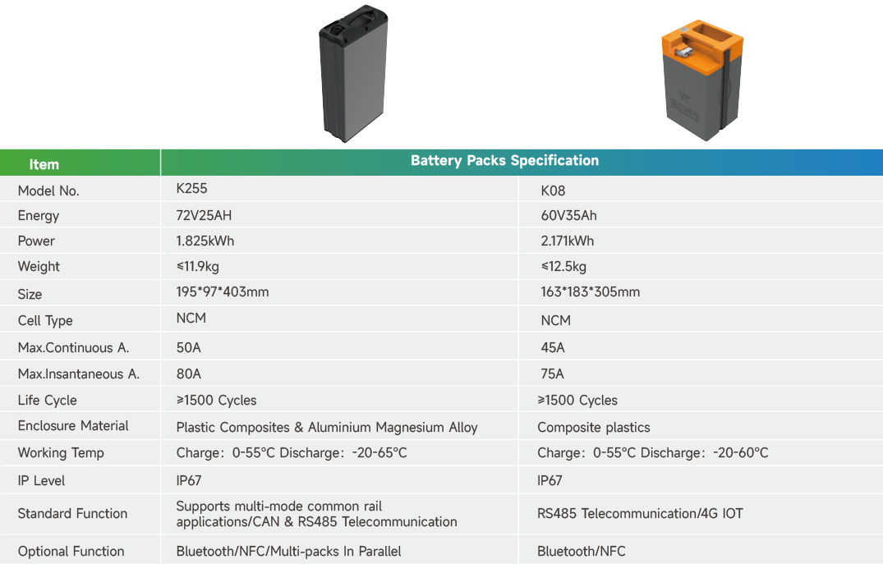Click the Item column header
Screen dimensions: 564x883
[44, 164]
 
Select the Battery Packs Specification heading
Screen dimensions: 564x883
[504, 161]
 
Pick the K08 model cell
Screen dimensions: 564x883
[553, 191]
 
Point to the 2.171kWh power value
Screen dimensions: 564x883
[567, 241]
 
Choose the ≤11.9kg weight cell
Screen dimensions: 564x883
[197, 267]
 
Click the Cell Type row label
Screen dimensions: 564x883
[45, 320]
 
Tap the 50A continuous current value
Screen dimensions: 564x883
[189, 347]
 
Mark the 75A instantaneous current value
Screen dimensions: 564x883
[553, 374]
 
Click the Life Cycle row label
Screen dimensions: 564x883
[48, 401]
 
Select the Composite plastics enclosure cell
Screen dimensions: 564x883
[593, 428]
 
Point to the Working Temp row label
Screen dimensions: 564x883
[61, 453]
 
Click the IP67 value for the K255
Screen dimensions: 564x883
[189, 481]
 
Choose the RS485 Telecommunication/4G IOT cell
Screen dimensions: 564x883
[640, 514]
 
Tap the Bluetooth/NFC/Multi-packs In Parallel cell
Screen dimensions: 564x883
[288, 552]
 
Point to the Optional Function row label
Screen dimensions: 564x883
[71, 552]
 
